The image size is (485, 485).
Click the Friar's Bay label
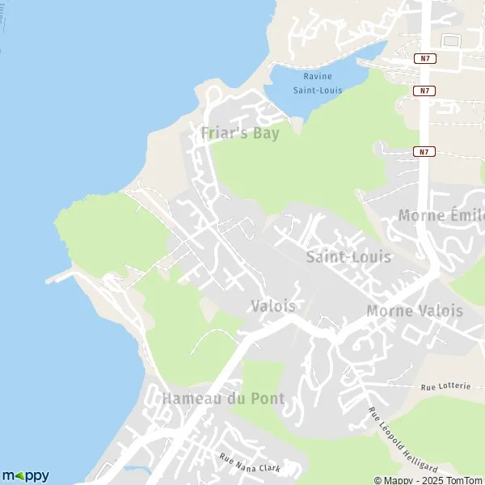(240, 133)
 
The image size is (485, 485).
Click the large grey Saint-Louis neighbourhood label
(348, 257)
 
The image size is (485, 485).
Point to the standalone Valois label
(273, 306)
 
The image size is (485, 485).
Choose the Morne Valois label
(415, 311)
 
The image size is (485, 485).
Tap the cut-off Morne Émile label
(441, 216)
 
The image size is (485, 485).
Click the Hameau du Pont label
(212, 399)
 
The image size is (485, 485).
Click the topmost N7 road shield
(424, 58)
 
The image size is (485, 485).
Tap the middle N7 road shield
(424, 91)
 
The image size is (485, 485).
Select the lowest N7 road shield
(424, 151)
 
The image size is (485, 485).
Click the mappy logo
(26, 476)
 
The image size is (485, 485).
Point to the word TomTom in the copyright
(463, 480)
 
